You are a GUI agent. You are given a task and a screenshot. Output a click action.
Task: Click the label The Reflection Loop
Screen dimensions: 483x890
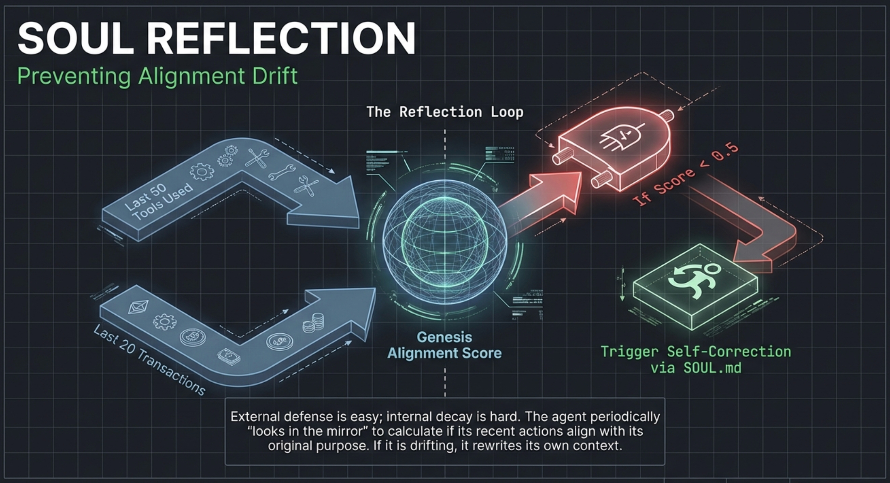[445, 112]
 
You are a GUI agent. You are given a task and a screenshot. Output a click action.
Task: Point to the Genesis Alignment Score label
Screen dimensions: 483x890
[444, 345]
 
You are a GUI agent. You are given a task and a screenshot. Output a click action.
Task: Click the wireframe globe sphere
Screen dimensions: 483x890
[445, 242]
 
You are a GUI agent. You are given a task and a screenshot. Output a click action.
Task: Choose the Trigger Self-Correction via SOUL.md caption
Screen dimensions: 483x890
[696, 360]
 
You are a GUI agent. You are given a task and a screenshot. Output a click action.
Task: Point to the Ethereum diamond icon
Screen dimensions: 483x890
[138, 307]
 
